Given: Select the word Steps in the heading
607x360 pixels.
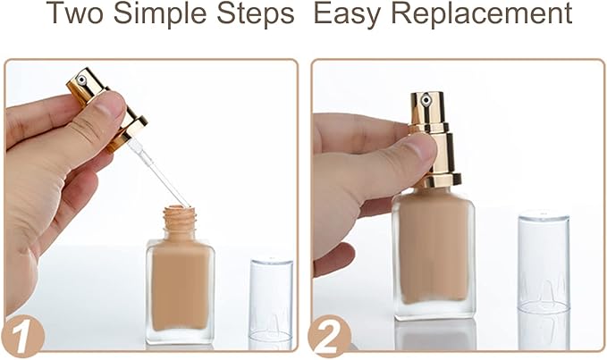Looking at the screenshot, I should [260, 15].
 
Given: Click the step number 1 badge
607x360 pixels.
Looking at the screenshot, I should [21, 337].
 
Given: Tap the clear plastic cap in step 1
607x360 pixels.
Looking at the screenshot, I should [271, 299].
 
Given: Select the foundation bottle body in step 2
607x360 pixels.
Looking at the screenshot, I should [433, 250].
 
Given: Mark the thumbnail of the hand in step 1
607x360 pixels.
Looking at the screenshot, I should [112, 106].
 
